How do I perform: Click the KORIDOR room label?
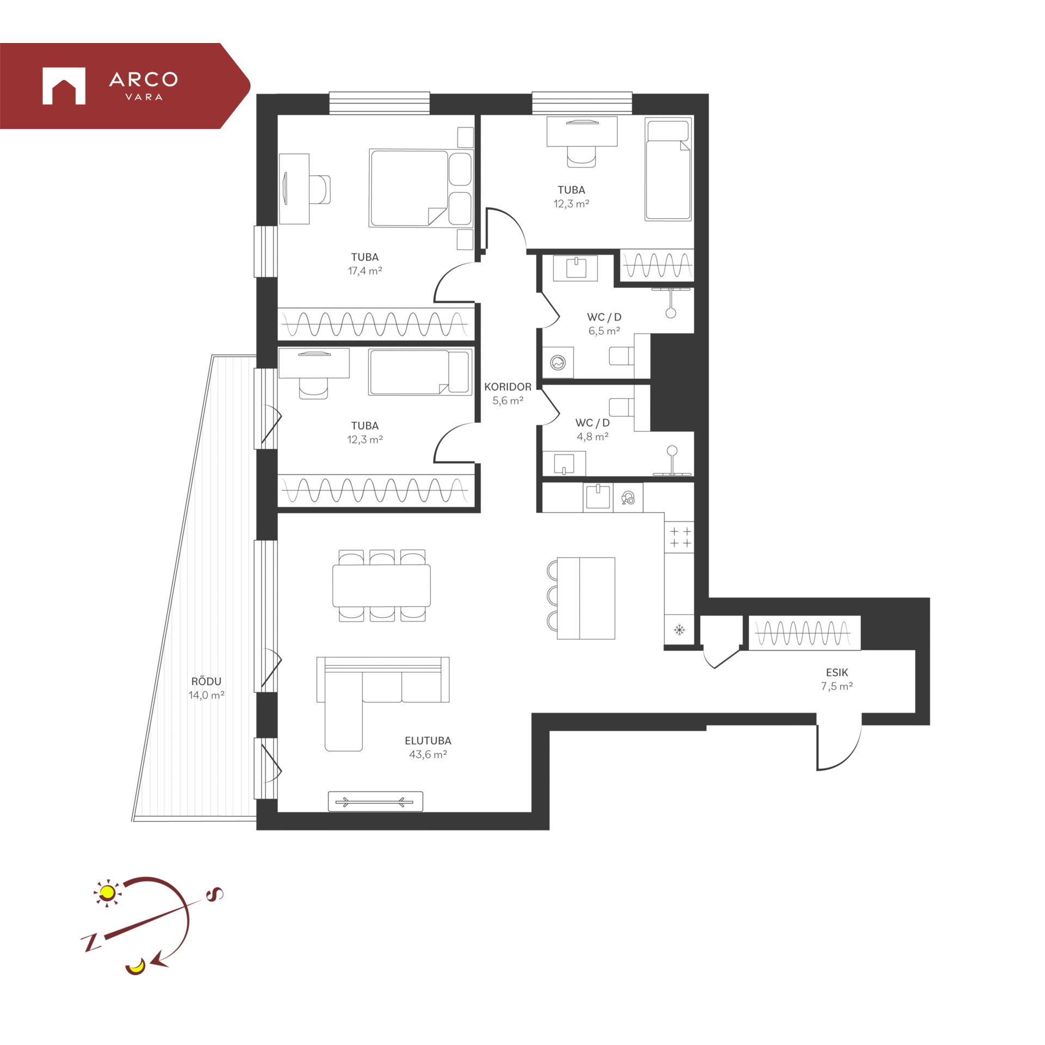[508, 386]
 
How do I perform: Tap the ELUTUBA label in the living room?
[427, 740]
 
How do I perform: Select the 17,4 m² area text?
[365, 271]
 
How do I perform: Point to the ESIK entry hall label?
[836, 672]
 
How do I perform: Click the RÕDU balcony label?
[206, 681]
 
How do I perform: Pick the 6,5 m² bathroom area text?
[604, 330]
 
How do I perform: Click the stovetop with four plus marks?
[679, 537]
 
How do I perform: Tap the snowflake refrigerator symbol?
[679, 630]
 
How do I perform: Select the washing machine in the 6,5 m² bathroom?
[558, 362]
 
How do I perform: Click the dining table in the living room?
[381, 586]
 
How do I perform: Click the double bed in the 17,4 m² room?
[420, 188]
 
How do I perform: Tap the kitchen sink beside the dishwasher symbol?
[598, 497]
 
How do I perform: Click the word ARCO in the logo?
[144, 79]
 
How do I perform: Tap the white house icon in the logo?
[64, 86]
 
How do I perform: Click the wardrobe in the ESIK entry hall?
[804, 632]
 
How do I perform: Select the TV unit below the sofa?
[375, 801]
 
